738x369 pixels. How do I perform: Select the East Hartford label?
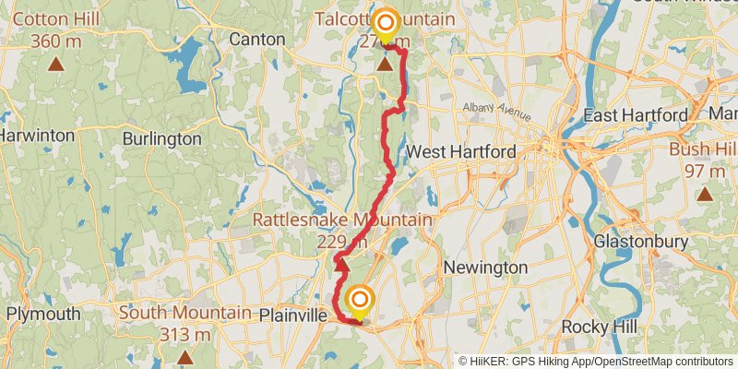(636, 115)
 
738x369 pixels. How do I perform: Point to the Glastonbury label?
(640, 242)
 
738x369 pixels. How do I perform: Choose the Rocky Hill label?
(599, 327)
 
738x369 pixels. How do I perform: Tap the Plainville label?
(293, 315)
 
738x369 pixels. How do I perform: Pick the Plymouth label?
(43, 314)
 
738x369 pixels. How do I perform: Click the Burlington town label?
(161, 138)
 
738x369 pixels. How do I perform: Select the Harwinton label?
(37, 135)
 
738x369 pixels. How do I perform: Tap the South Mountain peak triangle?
(184, 356)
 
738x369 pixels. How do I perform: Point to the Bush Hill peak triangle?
(706, 194)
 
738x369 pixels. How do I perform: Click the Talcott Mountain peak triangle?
(385, 64)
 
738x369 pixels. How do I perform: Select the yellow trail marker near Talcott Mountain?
(385, 23)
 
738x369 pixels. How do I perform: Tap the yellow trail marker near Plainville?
(359, 302)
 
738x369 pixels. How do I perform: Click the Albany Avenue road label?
(497, 111)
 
